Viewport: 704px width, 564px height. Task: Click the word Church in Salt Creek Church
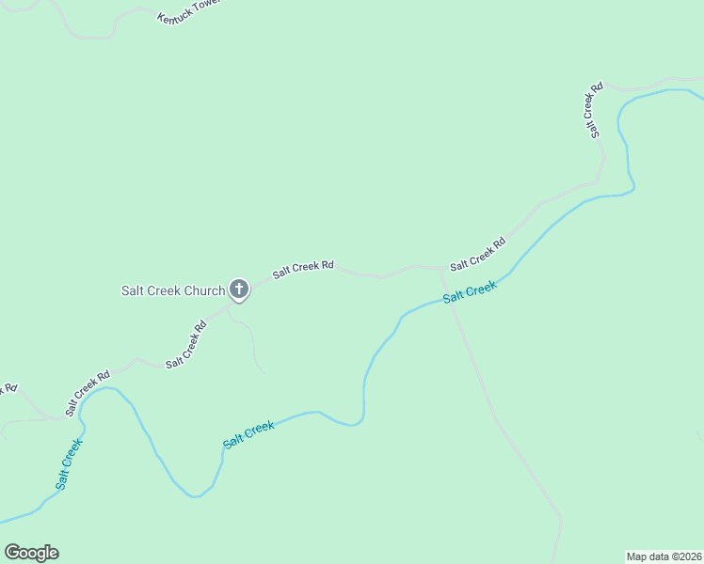coord(204,290)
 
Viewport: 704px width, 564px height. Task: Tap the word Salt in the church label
coord(133,290)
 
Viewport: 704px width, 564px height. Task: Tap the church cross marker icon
coord(239,290)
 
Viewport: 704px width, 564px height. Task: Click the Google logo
coord(31,553)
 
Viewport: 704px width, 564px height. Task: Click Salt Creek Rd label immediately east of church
coord(303,270)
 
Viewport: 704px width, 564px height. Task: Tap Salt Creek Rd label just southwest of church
coord(185,345)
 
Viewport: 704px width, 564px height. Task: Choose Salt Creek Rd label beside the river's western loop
coord(88,392)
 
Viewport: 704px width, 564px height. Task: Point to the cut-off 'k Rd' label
coord(8,387)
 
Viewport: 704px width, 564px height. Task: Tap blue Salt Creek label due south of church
coord(248,433)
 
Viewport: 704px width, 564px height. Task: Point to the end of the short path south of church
coord(265,373)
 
